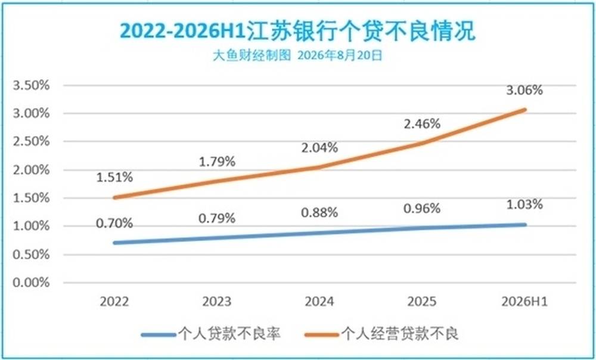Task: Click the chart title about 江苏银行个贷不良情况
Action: point(297,31)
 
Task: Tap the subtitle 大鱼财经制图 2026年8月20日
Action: point(297,55)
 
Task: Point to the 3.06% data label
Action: point(524,90)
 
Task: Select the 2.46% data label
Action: point(422,123)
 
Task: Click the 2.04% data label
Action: point(319,147)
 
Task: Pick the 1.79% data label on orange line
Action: point(217,162)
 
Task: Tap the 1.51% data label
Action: point(114,177)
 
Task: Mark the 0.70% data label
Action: point(114,223)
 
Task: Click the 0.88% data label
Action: point(319,213)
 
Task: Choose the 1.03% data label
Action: point(524,204)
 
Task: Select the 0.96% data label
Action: point(422,209)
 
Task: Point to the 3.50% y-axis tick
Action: point(31,85)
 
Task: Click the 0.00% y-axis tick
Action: point(31,283)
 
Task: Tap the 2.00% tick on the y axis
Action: point(31,169)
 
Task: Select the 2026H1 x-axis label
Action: point(524,302)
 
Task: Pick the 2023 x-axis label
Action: point(217,302)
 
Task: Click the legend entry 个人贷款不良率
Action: point(211,334)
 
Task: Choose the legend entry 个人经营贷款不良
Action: point(381,334)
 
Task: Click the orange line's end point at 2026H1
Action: point(524,110)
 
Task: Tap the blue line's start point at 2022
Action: point(115,243)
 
